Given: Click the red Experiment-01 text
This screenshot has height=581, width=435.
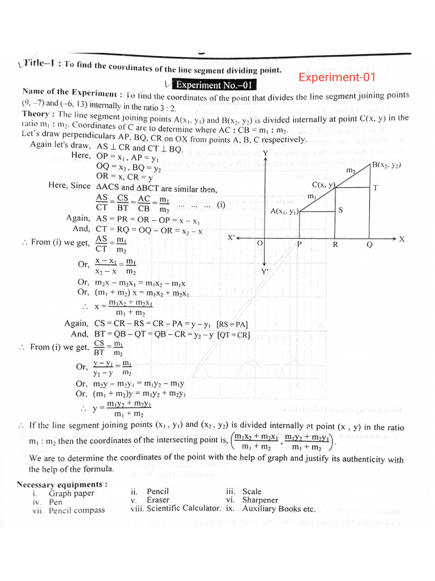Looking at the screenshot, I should pyautogui.click(x=340, y=77).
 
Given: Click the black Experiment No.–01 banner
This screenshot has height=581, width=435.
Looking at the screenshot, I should pyautogui.click(x=215, y=86).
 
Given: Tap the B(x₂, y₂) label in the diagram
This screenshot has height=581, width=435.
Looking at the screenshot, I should pyautogui.click(x=387, y=165).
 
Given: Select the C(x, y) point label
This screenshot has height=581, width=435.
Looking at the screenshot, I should pyautogui.click(x=324, y=184).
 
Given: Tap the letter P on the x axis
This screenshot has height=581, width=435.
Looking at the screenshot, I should pyautogui.click(x=300, y=245).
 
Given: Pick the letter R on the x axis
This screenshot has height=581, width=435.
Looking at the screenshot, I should pyautogui.click(x=335, y=245).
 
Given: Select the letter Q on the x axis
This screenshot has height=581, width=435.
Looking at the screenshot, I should pyautogui.click(x=369, y=245).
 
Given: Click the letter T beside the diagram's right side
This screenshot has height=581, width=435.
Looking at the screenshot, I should pyautogui.click(x=376, y=188).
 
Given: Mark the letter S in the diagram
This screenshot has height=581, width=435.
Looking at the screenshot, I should pyautogui.click(x=340, y=210).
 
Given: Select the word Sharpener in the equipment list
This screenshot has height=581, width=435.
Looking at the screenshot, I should pyautogui.click(x=260, y=500).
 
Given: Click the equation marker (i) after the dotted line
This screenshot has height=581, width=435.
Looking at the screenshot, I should pyautogui.click(x=220, y=205).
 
